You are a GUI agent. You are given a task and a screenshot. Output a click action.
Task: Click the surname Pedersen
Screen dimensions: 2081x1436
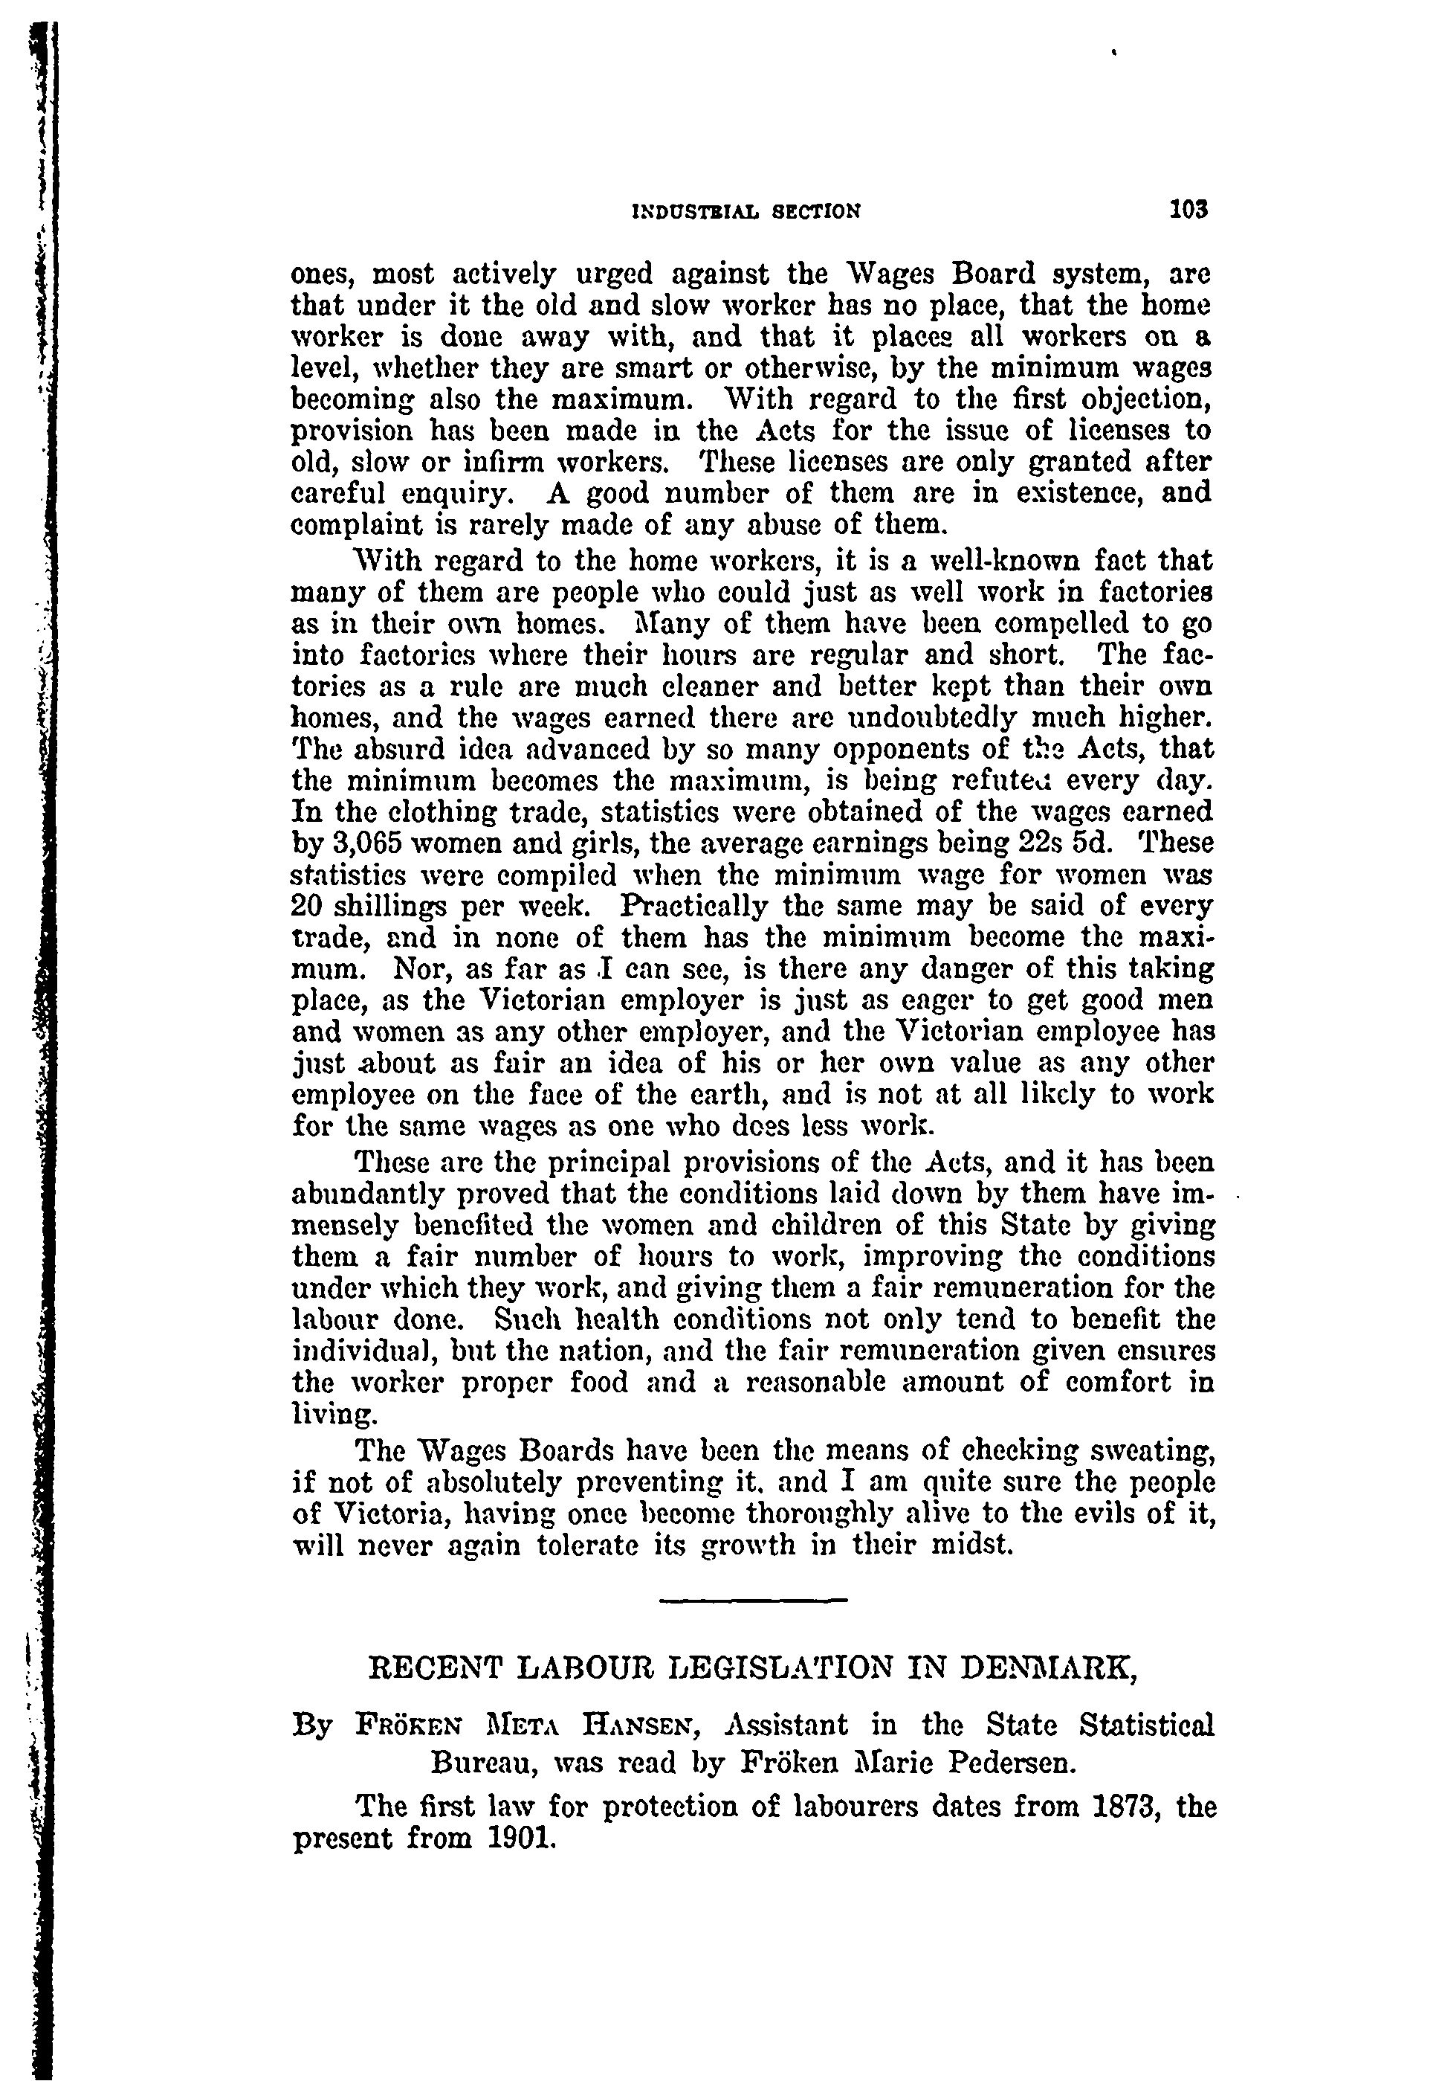1012,1758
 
